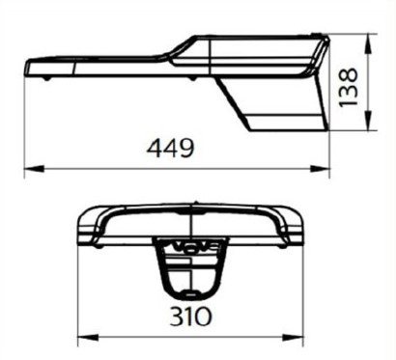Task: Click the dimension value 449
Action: [170, 149]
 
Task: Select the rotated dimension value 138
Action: [349, 87]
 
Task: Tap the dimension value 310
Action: [191, 316]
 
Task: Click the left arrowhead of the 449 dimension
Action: [34, 168]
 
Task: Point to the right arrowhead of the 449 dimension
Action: [320, 168]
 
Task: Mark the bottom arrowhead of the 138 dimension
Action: [368, 120]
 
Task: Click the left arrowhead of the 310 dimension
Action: [88, 338]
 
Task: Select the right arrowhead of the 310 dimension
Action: [294, 338]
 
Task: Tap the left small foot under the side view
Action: [47, 78]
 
